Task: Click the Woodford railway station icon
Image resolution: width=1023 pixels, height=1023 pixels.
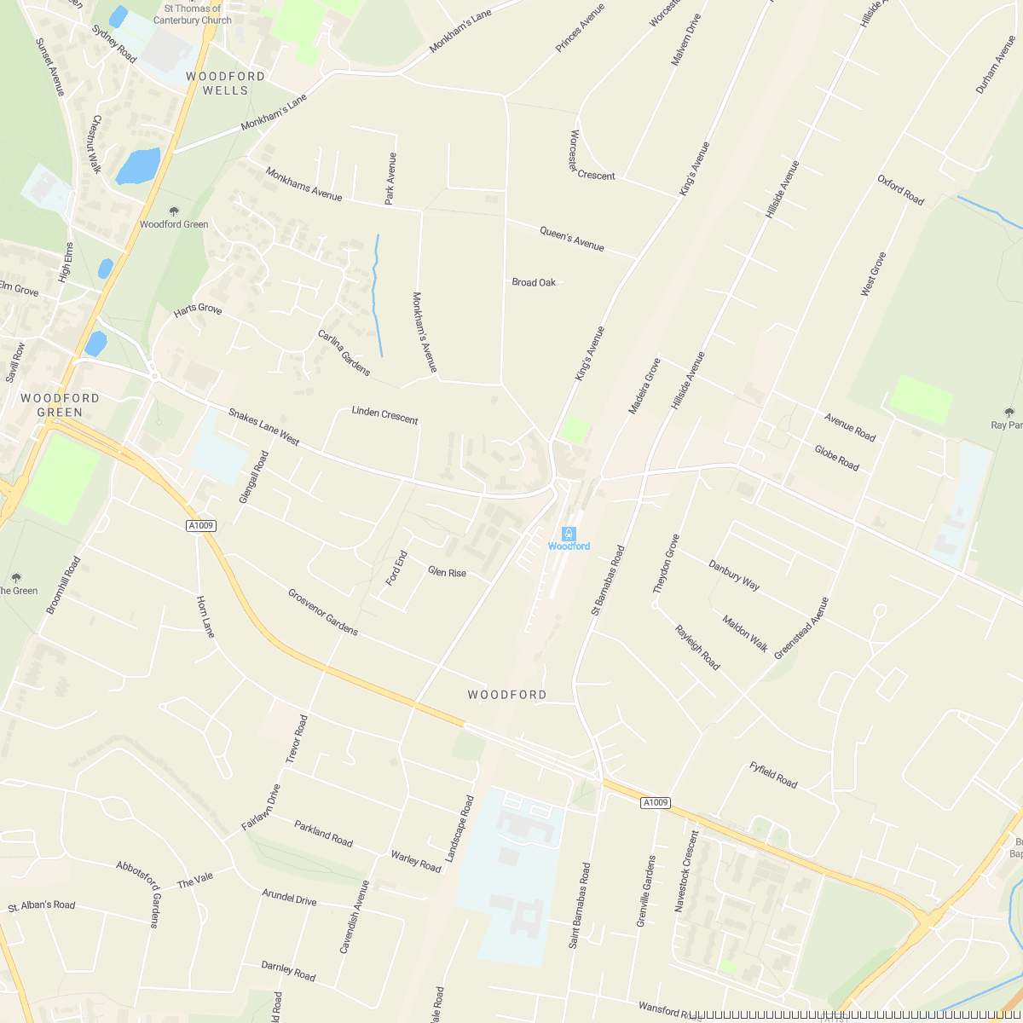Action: pyautogui.click(x=569, y=534)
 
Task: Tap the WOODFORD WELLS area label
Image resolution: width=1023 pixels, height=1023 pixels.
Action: pyautogui.click(x=225, y=83)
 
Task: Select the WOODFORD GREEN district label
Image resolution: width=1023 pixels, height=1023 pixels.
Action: pyautogui.click(x=60, y=405)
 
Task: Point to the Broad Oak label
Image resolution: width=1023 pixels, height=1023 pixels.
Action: pyautogui.click(x=534, y=282)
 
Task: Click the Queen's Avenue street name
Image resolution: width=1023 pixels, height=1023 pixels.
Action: pyautogui.click(x=571, y=239)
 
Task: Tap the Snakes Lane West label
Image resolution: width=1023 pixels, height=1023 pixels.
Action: pyautogui.click(x=263, y=426)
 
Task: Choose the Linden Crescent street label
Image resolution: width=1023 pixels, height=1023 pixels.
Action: pyautogui.click(x=384, y=415)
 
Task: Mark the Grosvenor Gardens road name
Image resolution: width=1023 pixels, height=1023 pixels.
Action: pyautogui.click(x=322, y=611)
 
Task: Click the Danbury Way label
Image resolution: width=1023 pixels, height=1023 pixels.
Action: pyautogui.click(x=734, y=575)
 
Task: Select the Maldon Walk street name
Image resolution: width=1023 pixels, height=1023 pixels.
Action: pyautogui.click(x=745, y=633)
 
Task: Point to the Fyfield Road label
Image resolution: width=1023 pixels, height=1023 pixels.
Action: pyautogui.click(x=773, y=774)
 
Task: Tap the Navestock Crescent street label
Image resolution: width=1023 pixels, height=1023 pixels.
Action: pyautogui.click(x=686, y=871)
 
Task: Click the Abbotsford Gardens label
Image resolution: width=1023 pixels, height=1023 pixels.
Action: pyautogui.click(x=138, y=893)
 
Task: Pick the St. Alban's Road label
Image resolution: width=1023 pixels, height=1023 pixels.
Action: pyautogui.click(x=42, y=905)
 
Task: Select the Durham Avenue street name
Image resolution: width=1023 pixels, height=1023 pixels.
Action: pyautogui.click(x=997, y=64)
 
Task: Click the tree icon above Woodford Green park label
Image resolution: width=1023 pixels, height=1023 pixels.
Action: pyautogui.click(x=174, y=211)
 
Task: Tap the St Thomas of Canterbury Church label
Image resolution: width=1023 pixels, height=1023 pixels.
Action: pyautogui.click(x=193, y=14)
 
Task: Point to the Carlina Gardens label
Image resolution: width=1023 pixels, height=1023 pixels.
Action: pyautogui.click(x=344, y=352)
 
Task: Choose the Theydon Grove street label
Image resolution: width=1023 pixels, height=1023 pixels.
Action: pyautogui.click(x=666, y=564)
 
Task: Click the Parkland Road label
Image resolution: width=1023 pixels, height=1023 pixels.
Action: pyautogui.click(x=323, y=833)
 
